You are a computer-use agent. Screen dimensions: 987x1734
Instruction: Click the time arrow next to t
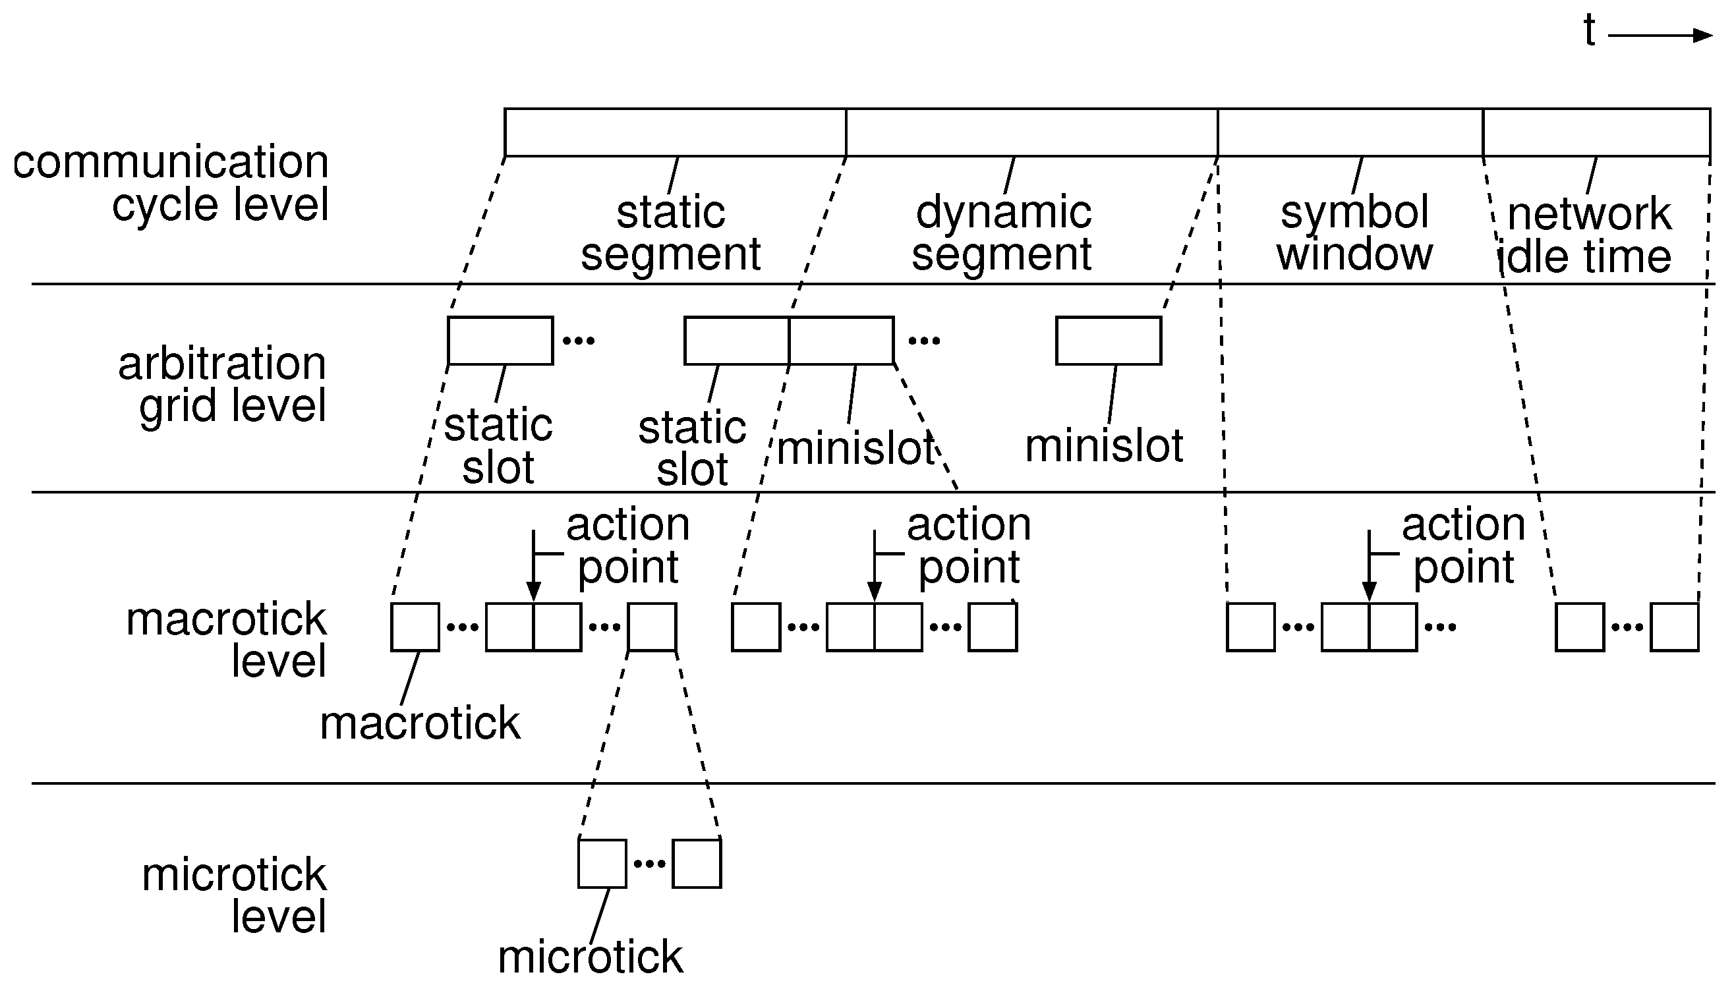(x=1660, y=36)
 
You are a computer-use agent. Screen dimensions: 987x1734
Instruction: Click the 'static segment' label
(x=670, y=233)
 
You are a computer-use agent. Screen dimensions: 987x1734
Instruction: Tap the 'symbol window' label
(x=1354, y=233)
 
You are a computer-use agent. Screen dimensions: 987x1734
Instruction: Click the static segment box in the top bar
(x=675, y=132)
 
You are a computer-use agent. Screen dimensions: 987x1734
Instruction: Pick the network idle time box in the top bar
(x=1596, y=132)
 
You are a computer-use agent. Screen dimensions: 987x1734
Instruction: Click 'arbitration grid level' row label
(x=223, y=383)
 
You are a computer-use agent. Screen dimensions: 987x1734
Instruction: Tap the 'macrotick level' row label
(x=227, y=639)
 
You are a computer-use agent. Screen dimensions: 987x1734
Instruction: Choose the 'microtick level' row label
(x=235, y=895)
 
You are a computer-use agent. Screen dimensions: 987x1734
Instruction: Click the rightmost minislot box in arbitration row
(x=1108, y=340)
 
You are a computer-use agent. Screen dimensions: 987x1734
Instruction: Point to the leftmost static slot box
(x=500, y=340)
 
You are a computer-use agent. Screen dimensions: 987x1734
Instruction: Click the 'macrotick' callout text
(x=420, y=723)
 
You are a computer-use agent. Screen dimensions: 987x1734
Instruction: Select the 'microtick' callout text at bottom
(x=590, y=957)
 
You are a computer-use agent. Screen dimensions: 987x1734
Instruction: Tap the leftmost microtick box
(x=602, y=863)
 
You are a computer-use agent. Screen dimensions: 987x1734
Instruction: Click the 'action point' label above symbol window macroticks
(x=1463, y=545)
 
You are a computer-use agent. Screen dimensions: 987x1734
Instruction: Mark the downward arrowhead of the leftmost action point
(x=534, y=591)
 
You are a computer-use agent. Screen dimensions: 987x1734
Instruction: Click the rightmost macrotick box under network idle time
(x=1673, y=627)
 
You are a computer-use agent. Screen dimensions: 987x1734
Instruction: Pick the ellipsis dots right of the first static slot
(x=578, y=340)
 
